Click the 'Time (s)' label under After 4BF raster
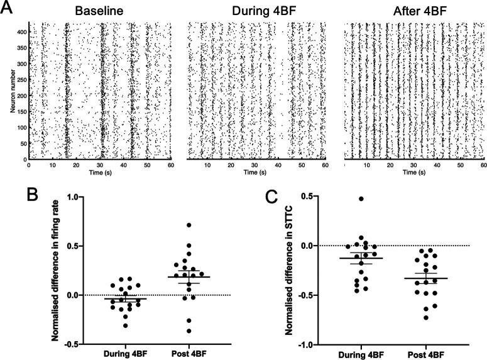414,172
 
